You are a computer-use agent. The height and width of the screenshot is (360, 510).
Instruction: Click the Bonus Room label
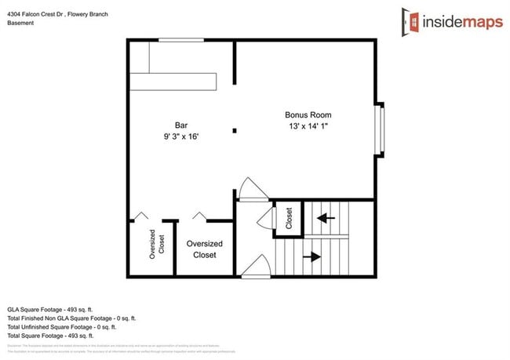306,115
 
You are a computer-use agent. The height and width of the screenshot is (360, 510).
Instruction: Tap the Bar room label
181,125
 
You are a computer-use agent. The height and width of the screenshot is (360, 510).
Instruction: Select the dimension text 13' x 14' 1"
306,125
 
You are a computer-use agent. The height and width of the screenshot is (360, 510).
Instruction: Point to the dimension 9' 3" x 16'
181,136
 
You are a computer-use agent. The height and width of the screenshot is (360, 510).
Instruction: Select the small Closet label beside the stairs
288,218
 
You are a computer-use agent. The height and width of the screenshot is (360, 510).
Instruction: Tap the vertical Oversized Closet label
156,242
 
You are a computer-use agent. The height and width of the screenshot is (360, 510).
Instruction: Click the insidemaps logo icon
410,20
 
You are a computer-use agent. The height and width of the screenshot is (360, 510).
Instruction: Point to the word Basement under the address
21,23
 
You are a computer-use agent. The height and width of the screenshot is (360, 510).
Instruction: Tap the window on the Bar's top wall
180,39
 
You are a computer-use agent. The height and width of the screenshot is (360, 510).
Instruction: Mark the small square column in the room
233,130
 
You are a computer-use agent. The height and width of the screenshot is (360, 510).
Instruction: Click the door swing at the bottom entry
255,269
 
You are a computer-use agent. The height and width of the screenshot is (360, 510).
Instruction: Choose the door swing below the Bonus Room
253,189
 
